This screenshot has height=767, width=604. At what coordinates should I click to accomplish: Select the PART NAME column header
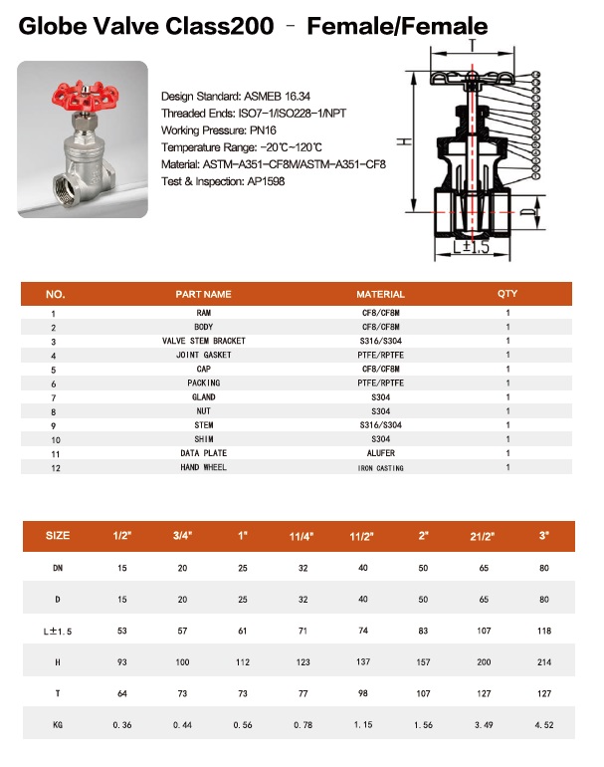click(x=203, y=294)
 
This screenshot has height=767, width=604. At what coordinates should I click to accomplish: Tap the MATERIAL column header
click(x=380, y=294)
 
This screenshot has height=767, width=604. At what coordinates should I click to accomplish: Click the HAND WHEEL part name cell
click(x=203, y=467)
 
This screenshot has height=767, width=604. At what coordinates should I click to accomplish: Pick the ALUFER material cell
click(x=380, y=453)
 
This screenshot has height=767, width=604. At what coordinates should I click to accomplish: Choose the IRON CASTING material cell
click(x=380, y=467)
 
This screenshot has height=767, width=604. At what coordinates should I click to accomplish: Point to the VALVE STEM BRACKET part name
click(x=203, y=341)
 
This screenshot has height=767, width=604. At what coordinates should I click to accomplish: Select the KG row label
click(x=58, y=724)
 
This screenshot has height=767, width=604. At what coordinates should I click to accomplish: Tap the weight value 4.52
click(x=544, y=724)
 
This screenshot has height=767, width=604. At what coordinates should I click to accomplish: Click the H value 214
click(x=544, y=660)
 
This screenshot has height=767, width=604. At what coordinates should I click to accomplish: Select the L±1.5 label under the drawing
click(x=472, y=247)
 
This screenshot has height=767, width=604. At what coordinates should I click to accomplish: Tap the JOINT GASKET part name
click(x=203, y=355)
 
